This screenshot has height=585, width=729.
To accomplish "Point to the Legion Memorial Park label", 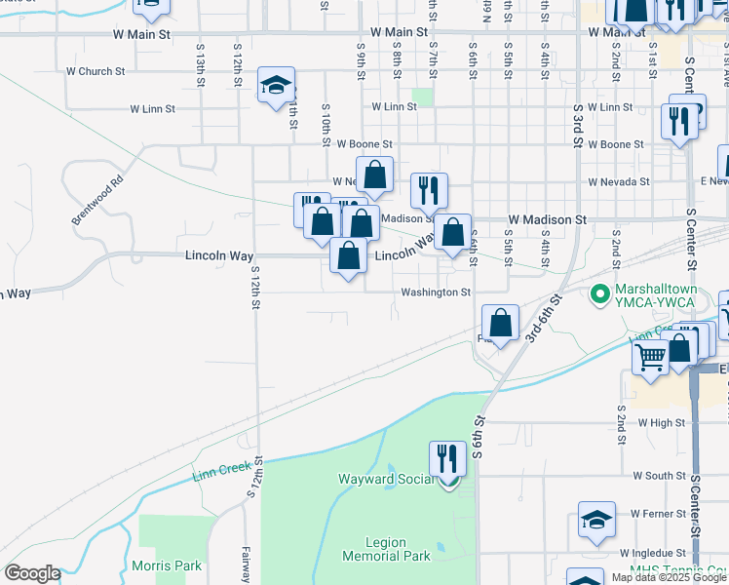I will tap(386, 549).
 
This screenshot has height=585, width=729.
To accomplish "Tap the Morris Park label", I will tap(167, 565).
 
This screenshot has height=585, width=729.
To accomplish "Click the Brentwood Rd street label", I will tap(97, 201).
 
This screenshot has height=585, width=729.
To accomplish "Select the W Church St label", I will tap(96, 71).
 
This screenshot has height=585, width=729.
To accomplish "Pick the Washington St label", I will tap(434, 292).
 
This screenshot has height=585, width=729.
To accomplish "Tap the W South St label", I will tap(659, 476).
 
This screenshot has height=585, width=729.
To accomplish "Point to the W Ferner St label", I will tap(659, 513).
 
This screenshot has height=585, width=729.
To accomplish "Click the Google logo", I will tap(32, 573).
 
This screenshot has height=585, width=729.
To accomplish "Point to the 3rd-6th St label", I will tap(546, 318).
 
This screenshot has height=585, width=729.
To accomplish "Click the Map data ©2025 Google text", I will tap(669, 578).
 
